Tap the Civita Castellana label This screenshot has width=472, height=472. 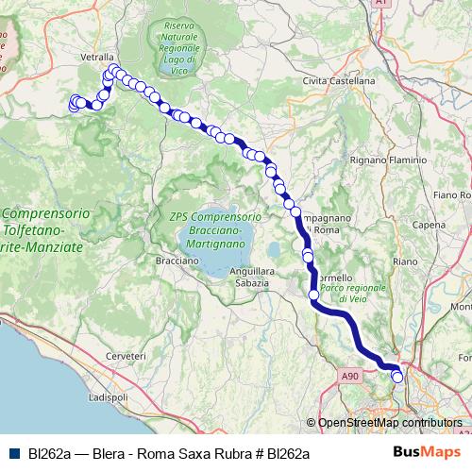tap(338, 81)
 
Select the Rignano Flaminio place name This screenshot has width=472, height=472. tap(389, 160)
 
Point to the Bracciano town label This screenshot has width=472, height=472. tap(177, 260)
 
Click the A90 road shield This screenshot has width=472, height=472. tap(351, 377)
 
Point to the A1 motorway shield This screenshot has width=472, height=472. tap(381, 4)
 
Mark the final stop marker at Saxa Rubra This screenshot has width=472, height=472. tap(397, 377)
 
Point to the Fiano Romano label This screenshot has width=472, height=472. tap(452, 194)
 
